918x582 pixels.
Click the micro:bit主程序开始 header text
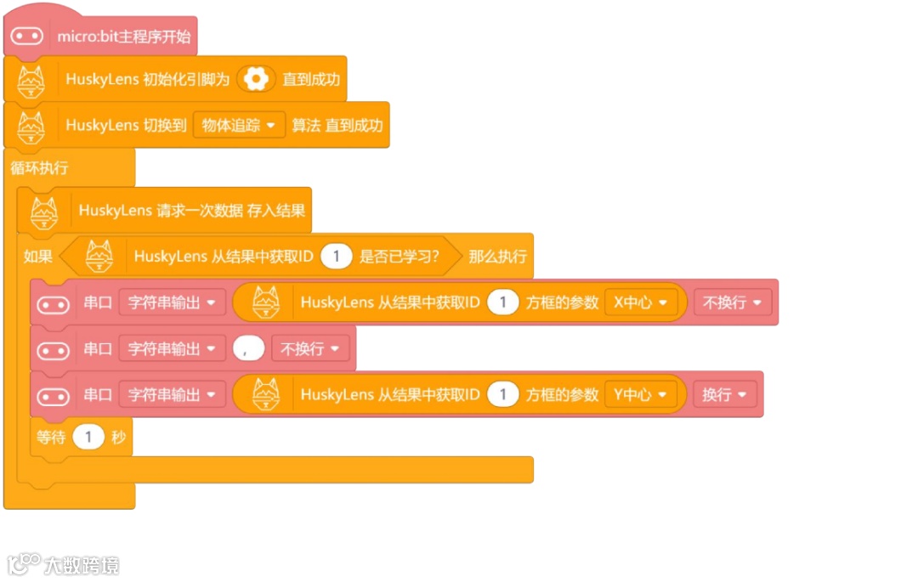pos(123,37)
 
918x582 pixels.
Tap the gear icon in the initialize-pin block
pos(255,79)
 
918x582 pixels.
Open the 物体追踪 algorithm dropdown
pos(239,125)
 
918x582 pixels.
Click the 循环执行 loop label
pos(39,167)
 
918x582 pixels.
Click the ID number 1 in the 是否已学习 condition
pos(337,256)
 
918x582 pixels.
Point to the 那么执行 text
pos(497,256)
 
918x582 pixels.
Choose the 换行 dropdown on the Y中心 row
pos(724,394)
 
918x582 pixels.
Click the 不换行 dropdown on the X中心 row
pos(733,302)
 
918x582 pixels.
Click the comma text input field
pos(246,348)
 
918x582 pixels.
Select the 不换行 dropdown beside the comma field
pos(310,348)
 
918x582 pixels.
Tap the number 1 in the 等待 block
pos(88,438)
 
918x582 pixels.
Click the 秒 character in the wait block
pos(118,438)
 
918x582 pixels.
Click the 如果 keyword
pos(37,256)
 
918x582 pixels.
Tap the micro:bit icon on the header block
pos(27,37)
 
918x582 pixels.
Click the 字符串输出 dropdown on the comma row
pos(171,348)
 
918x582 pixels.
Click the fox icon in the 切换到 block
pos(32,126)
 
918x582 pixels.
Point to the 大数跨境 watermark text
pos(82,565)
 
